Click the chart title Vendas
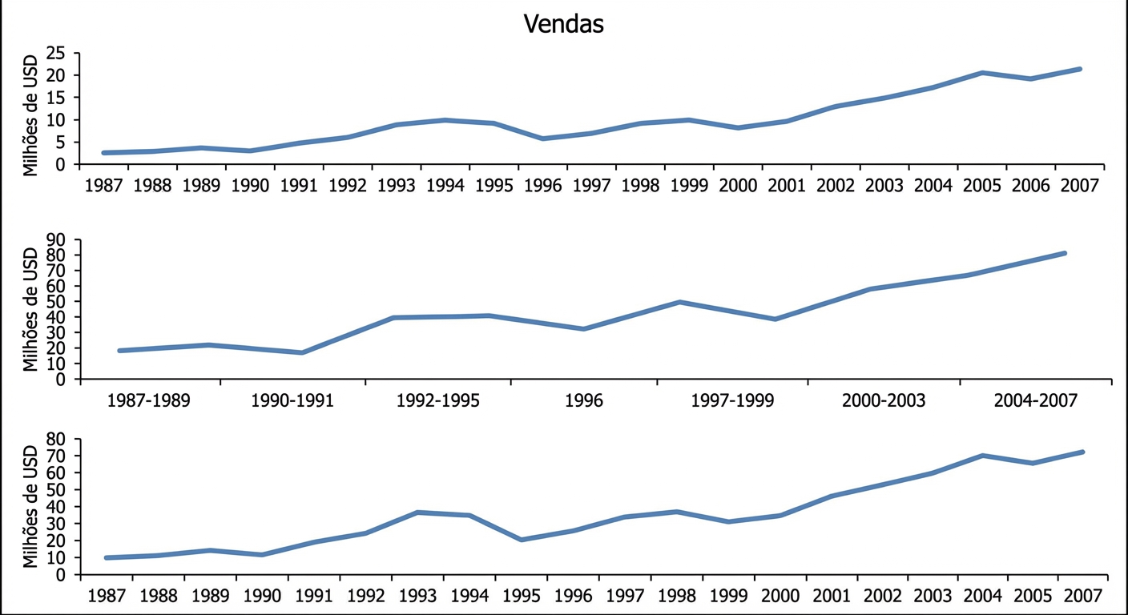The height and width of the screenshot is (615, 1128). (x=563, y=24)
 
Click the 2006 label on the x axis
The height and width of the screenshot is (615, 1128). (x=1030, y=186)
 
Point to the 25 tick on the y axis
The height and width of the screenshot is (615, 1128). (x=55, y=54)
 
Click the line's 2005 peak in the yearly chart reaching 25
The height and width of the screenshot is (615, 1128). (x=981, y=73)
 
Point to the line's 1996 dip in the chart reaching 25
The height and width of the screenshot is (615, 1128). (x=543, y=139)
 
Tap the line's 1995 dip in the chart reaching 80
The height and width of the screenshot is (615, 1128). (x=522, y=540)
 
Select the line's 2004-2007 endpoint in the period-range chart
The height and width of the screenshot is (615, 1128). (x=1065, y=253)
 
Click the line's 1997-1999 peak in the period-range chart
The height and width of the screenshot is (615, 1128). (x=679, y=302)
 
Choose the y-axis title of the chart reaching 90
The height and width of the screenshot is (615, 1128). (x=30, y=309)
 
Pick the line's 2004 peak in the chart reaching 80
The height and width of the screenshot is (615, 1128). (x=982, y=456)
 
